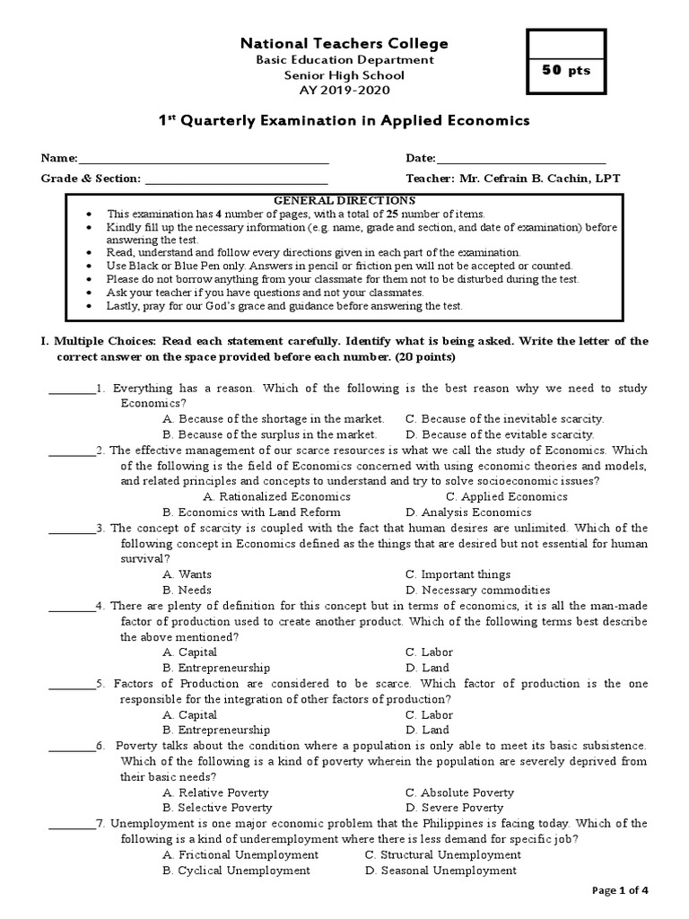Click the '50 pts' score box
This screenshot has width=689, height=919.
point(565,71)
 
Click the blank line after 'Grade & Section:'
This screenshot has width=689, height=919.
point(229,179)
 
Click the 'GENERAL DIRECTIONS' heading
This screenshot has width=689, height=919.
point(344,200)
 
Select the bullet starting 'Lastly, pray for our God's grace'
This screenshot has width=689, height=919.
point(284,306)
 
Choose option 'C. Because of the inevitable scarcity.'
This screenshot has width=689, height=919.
point(504,418)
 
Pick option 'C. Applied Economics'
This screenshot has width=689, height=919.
point(506,496)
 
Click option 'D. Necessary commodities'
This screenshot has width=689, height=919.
point(477,590)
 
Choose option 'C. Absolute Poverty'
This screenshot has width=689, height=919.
point(459,792)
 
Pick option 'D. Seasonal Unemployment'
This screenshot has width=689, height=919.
point(440,871)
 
